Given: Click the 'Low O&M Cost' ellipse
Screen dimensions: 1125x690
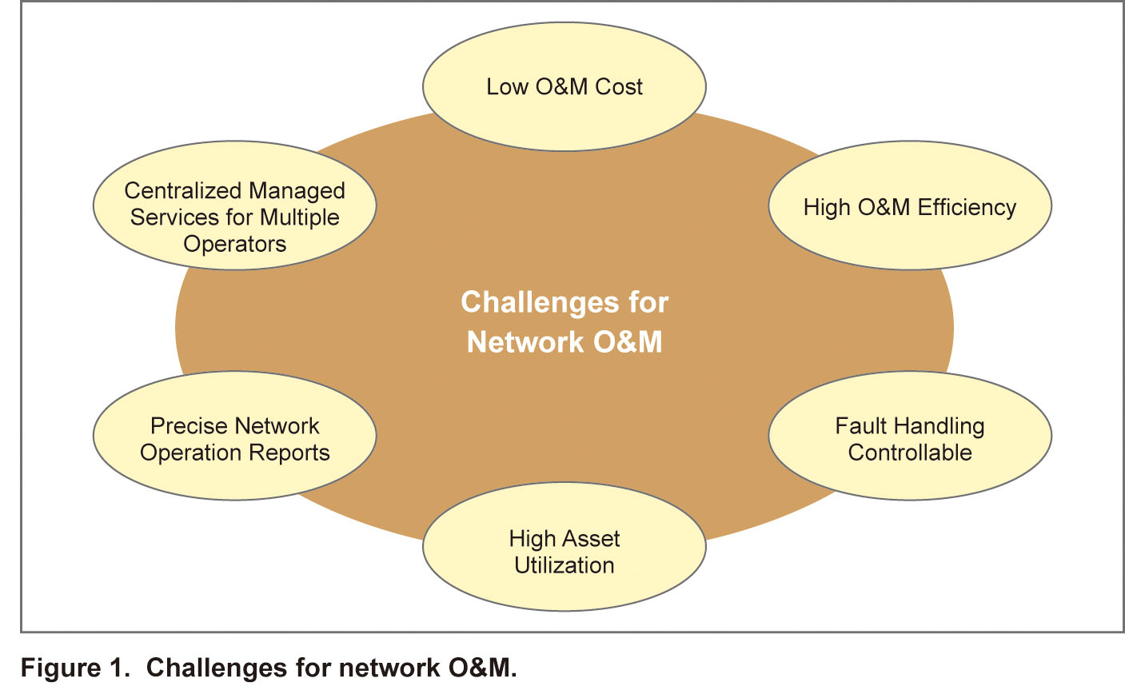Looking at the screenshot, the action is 564,86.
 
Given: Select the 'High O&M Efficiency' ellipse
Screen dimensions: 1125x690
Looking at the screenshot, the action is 910,205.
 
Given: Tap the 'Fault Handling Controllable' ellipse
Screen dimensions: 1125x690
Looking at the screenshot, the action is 910,436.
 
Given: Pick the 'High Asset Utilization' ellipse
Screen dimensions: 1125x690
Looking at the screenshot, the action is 564,546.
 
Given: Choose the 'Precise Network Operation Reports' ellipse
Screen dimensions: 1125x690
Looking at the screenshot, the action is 234,436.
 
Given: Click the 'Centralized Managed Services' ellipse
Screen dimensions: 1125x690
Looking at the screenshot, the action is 234,205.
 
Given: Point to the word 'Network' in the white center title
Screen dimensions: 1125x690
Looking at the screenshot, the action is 525,342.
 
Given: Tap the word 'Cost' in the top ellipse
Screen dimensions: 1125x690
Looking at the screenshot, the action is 619,87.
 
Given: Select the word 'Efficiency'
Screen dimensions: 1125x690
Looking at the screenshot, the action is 967,208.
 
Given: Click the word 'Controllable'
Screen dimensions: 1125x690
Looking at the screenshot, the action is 910,453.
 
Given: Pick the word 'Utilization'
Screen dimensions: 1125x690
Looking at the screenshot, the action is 564,565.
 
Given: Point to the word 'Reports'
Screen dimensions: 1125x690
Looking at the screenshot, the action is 289,453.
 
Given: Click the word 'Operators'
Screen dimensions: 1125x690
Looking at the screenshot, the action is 234,245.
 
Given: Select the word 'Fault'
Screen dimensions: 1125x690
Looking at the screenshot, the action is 854,426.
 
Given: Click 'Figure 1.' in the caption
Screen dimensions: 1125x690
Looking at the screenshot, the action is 75,668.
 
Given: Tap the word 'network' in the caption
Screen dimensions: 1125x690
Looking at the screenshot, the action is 389,668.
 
